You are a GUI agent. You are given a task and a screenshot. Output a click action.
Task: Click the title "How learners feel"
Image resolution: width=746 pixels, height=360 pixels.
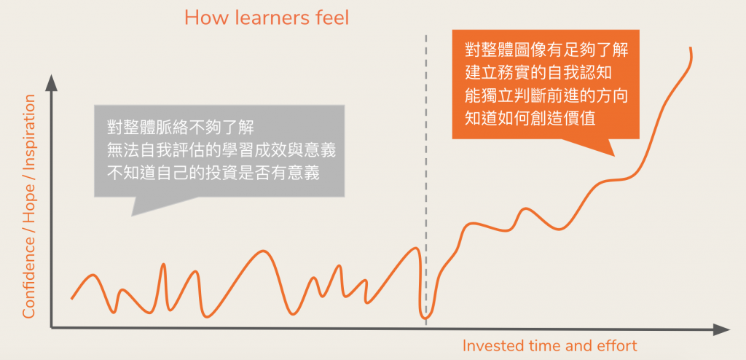[x=267, y=18]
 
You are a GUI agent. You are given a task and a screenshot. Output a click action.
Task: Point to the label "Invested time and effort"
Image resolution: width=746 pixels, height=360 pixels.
[x=549, y=345]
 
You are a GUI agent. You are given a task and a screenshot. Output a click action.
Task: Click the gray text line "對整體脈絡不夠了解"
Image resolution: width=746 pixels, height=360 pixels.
[x=181, y=128]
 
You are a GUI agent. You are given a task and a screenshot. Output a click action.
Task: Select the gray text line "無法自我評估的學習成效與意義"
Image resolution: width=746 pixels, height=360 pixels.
[x=221, y=151]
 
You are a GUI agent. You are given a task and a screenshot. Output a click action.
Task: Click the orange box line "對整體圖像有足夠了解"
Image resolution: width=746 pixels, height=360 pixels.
[x=546, y=50]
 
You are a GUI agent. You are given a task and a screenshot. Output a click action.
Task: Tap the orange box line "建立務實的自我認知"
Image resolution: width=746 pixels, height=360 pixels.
[x=538, y=73]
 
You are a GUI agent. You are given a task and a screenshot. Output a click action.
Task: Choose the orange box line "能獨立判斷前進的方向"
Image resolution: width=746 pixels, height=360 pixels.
[x=546, y=95]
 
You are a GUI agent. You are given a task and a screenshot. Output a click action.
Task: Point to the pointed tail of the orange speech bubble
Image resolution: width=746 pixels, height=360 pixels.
[x=614, y=156]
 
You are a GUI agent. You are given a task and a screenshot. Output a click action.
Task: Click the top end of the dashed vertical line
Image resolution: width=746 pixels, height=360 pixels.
[x=425, y=35]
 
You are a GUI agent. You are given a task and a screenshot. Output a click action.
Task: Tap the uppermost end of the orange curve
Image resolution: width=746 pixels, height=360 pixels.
[x=690, y=47]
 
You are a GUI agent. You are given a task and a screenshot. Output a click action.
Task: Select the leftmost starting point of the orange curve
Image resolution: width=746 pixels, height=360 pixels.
[x=72, y=298]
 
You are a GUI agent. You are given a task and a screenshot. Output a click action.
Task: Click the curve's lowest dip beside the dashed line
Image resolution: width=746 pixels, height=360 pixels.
[x=425, y=318]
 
